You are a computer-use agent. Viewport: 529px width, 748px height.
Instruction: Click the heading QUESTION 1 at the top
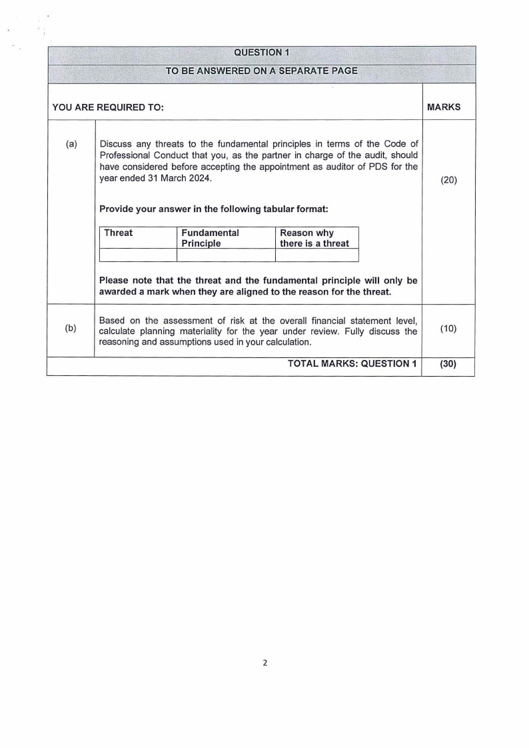pyautogui.click(x=261, y=53)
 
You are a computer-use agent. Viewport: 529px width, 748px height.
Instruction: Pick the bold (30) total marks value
pyautogui.click(x=448, y=363)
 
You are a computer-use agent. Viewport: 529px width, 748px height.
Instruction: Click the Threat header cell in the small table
pyautogui.click(x=119, y=233)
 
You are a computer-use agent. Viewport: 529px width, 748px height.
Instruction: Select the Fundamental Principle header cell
pyautogui.click(x=210, y=238)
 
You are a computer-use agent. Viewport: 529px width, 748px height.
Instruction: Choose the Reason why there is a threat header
pyautogui.click(x=314, y=238)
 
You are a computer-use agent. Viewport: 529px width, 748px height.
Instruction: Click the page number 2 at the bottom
pyautogui.click(x=264, y=663)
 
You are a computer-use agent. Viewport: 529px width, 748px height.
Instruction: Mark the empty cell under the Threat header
pyautogui.click(x=137, y=255)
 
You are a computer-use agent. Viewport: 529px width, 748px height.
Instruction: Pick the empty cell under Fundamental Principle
pyautogui.click(x=225, y=255)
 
